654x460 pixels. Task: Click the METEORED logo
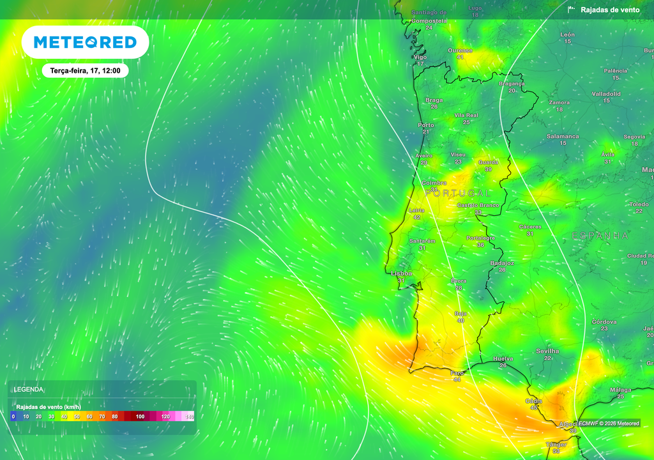pos(85,42)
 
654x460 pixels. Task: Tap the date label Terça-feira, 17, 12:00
pos(85,71)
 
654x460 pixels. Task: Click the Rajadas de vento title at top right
pos(609,10)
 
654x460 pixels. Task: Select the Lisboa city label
pos(402,273)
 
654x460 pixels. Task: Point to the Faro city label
pos(457,372)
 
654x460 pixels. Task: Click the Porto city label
pos(425,125)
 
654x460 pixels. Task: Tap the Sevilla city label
pos(547,351)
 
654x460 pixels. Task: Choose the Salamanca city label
pos(563,136)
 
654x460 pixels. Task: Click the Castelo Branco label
pos(478,205)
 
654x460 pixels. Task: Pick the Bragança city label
pos(512,84)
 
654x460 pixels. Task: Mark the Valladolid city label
pos(606,94)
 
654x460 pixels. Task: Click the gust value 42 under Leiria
pos(417,217)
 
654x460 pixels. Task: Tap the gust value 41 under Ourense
pos(460,57)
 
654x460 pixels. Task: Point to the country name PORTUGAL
pos(458,193)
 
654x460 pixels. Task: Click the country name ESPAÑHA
pos(600,236)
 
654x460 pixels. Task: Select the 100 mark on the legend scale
pos(140,417)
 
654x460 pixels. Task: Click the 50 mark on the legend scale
pos(77,417)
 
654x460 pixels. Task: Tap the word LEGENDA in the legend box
pos(29,389)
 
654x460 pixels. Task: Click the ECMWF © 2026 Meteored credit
pos(609,423)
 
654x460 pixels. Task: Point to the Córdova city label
pos(604,321)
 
